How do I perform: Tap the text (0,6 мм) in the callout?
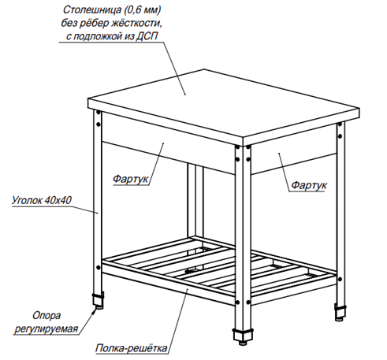coord(142,10)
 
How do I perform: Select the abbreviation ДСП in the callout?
coord(147,36)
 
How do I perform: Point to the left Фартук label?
coord(131,179)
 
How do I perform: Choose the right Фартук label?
coord(309,185)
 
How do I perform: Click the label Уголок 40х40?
coord(42,200)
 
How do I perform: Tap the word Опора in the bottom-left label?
coord(47,315)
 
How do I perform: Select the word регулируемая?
coord(47,328)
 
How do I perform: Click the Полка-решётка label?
coord(132,348)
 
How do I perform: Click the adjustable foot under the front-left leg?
coord(98,300)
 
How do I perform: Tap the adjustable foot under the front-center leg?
coord(243,336)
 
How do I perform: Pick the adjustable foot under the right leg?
coord(340,312)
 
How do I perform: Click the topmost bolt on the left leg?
coord(99,113)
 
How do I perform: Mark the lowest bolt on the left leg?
coord(99,268)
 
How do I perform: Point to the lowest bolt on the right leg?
coord(340,279)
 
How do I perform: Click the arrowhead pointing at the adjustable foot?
coord(94,311)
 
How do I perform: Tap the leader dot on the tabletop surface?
coord(185,95)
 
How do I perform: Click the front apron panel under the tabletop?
coord(168,143)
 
